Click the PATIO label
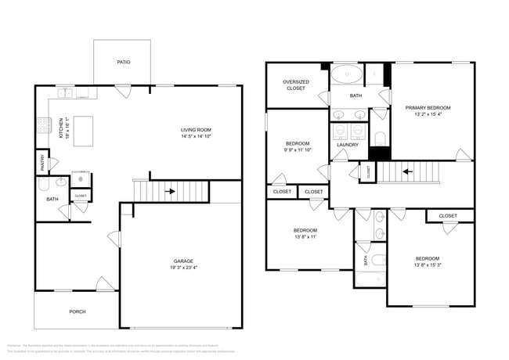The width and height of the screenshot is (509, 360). click(123, 62)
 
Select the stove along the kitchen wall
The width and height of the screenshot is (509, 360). click(42, 124)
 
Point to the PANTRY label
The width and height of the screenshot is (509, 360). click(42, 163)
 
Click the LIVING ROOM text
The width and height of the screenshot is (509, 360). click(196, 130)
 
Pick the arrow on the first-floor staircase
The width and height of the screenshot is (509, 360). click(170, 189)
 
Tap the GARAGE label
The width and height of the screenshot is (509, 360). click(183, 261)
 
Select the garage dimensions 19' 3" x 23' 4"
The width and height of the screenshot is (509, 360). click(183, 268)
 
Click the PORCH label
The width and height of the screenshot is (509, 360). click(77, 311)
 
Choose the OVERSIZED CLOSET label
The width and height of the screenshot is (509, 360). click(295, 85)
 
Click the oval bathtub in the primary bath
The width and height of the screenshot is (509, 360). click(346, 76)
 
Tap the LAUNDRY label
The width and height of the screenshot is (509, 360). click(348, 145)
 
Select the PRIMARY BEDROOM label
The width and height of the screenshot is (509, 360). click(428, 107)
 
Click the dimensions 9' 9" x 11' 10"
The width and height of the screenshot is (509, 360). click(298, 151)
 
